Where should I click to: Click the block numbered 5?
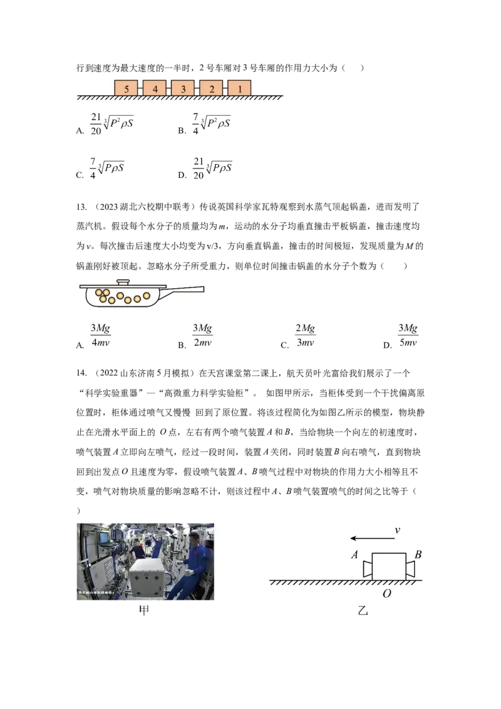pyautogui.click(x=127, y=88)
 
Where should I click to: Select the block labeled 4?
pyautogui.click(x=155, y=88)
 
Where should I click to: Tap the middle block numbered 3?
pyautogui.click(x=183, y=88)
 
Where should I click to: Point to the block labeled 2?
pyautogui.click(x=211, y=88)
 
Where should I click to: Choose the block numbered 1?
pyautogui.click(x=239, y=88)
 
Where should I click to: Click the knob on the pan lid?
pyautogui.click(x=123, y=282)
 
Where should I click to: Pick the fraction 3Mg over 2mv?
pyautogui.click(x=202, y=336)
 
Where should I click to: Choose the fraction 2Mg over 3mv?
pyautogui.click(x=305, y=336)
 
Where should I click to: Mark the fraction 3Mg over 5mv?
pyautogui.click(x=408, y=336)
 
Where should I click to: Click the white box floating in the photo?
pyautogui.click(x=149, y=576)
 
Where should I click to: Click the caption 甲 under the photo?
pyautogui.click(x=144, y=611)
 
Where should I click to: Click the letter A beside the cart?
pyautogui.click(x=354, y=555)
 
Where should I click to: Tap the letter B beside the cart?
pyautogui.click(x=418, y=555)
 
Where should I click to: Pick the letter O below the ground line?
pyautogui.click(x=386, y=593)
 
